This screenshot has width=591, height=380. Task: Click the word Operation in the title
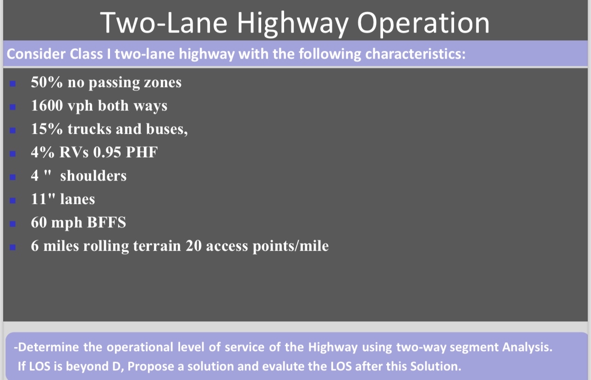423,22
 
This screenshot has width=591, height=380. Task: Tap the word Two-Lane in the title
163,22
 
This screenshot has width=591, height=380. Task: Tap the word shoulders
93,176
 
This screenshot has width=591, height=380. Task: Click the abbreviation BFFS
106,223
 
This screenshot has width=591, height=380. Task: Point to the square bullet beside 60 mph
13,223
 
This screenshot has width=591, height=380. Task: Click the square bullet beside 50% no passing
13,83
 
